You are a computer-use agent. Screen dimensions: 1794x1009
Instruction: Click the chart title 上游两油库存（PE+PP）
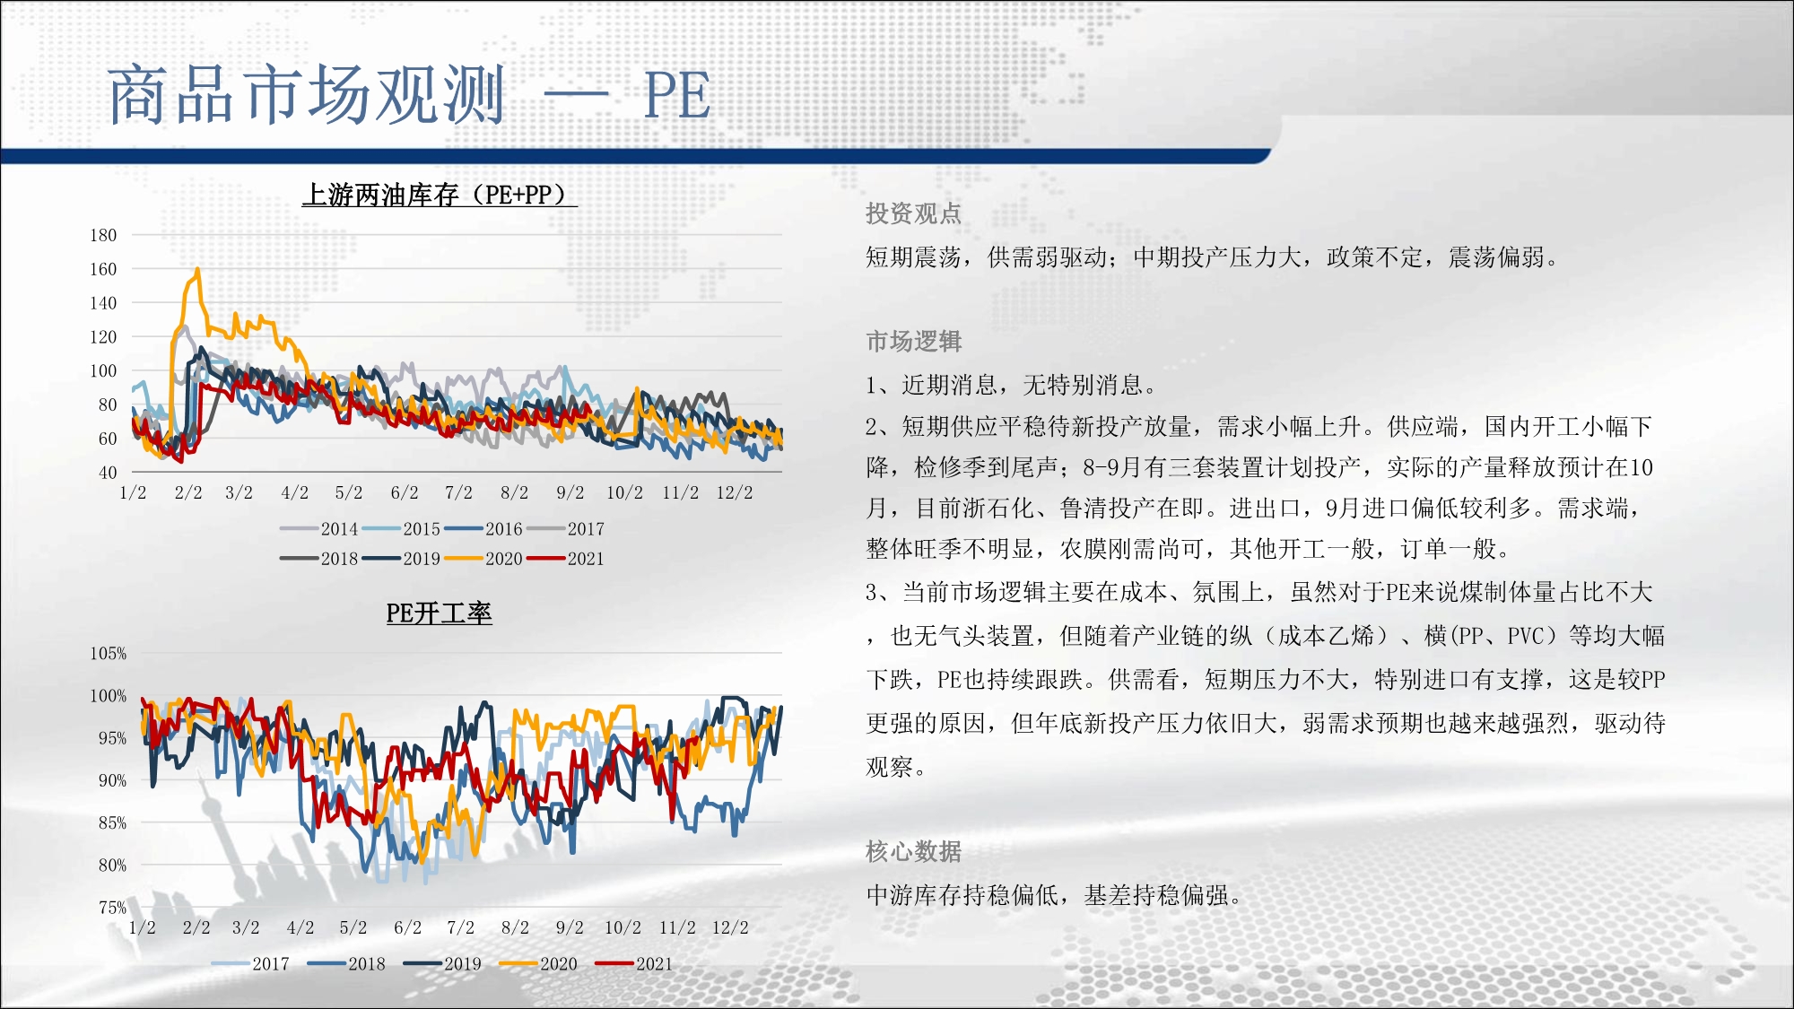[x=440, y=195]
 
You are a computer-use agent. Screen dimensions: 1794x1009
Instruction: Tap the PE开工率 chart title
[x=439, y=613]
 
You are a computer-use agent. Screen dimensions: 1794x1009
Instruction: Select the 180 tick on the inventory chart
[x=103, y=235]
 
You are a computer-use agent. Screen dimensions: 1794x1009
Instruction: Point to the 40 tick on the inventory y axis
[x=108, y=473]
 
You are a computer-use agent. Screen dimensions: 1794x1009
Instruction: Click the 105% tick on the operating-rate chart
[x=108, y=654]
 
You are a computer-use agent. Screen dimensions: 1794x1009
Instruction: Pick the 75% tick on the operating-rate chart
[x=112, y=908]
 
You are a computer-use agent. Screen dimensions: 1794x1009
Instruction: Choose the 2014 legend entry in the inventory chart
[x=319, y=529]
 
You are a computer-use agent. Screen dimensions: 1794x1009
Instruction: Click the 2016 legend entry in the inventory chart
[x=483, y=529]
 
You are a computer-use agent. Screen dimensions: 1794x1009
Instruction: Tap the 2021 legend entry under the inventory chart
[x=565, y=559]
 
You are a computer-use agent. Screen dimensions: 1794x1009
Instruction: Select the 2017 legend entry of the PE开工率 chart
[x=250, y=964]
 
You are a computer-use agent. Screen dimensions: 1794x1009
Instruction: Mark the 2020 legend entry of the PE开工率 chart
[x=538, y=964]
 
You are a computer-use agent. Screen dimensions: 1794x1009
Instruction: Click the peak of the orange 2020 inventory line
[x=197, y=268]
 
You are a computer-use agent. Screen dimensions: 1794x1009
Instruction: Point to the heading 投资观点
[x=913, y=213]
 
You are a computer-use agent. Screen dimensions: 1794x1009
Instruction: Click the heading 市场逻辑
[x=913, y=341]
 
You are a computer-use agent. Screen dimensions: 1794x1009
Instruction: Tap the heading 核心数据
[x=913, y=851]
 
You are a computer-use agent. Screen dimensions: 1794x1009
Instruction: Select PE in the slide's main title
[x=677, y=95]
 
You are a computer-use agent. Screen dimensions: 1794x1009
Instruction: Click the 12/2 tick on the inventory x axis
[x=735, y=493]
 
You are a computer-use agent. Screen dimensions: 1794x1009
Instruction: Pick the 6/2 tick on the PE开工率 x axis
[x=407, y=928]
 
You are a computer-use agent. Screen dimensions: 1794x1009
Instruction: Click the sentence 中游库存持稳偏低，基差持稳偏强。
[x=1054, y=895]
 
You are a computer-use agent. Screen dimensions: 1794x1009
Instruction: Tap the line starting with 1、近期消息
[x=1013, y=386]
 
